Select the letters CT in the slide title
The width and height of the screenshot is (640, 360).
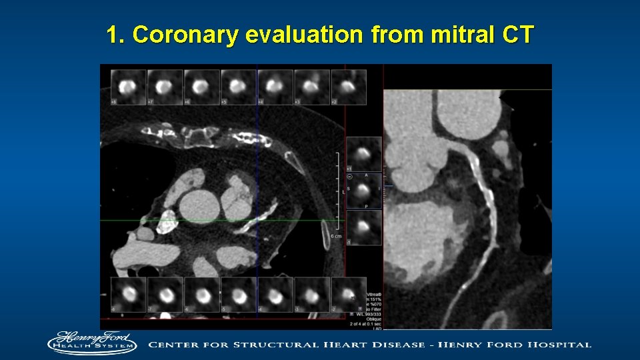518,35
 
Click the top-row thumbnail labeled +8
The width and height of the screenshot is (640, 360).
128,87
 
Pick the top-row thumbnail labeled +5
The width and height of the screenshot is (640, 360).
238,87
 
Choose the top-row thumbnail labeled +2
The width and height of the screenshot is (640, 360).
348,87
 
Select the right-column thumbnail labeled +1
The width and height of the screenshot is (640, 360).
364,155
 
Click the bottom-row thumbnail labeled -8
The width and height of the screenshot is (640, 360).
128,294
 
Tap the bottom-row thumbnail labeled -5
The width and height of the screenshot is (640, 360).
238,294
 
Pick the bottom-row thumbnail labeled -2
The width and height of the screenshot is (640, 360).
348,294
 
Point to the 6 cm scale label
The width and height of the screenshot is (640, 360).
337,237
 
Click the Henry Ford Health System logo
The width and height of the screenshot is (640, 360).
91,343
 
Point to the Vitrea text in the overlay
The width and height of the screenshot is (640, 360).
375,294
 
